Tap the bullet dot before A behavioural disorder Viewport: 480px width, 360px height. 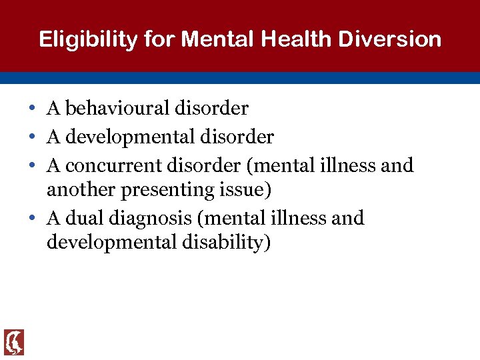33,109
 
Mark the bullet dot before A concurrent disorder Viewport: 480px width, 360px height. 33,165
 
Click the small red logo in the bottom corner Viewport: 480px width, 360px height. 14,341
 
